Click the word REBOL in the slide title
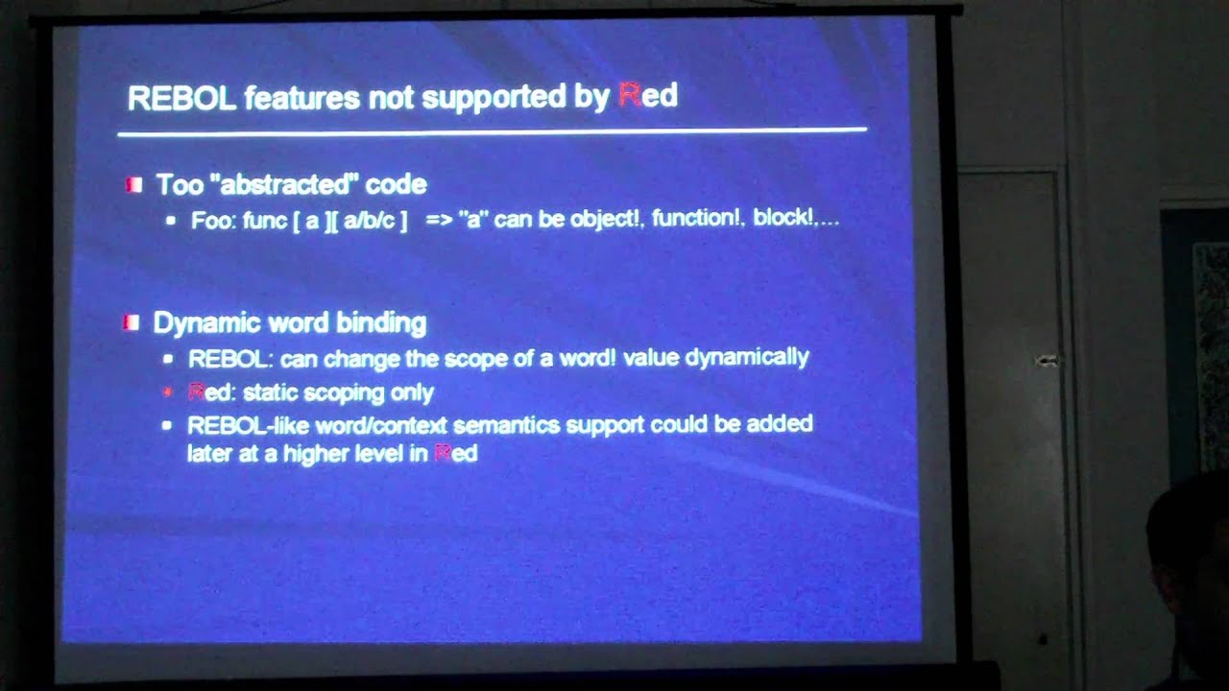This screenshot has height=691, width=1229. pyautogui.click(x=181, y=97)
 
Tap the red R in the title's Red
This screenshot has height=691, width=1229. pyautogui.click(x=630, y=95)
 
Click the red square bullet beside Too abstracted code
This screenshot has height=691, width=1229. pyautogui.click(x=133, y=184)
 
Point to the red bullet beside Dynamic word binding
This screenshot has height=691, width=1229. pyautogui.click(x=132, y=322)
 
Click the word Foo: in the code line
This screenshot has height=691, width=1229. pyautogui.click(x=213, y=220)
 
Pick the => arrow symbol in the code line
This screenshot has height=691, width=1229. pyautogui.click(x=439, y=220)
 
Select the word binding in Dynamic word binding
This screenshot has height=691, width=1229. pyautogui.click(x=383, y=322)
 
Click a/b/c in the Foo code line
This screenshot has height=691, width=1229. pyautogui.click(x=369, y=220)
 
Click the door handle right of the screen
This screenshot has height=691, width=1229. pyautogui.click(x=1048, y=361)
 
